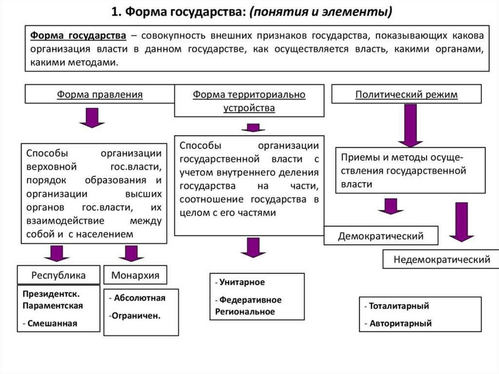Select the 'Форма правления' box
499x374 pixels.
pyautogui.click(x=99, y=94)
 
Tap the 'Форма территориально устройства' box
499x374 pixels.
pyautogui.click(x=249, y=101)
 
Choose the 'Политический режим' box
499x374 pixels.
pyautogui.click(x=406, y=94)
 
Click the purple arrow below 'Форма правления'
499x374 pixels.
pyautogui.click(x=92, y=118)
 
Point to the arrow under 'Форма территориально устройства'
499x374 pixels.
pyautogui.click(x=252, y=128)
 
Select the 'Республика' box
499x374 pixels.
pyautogui.click(x=58, y=275)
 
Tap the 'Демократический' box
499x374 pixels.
pyautogui.click(x=381, y=236)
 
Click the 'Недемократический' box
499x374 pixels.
pyautogui.click(x=441, y=259)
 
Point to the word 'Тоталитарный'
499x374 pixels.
pyautogui.click(x=399, y=306)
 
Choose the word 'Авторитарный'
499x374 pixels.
pyautogui.click(x=400, y=323)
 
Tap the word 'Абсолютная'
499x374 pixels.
pyautogui.click(x=140, y=298)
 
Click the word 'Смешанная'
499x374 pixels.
pyautogui.click(x=53, y=323)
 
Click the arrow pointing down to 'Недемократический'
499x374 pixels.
pyautogui.click(x=461, y=222)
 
